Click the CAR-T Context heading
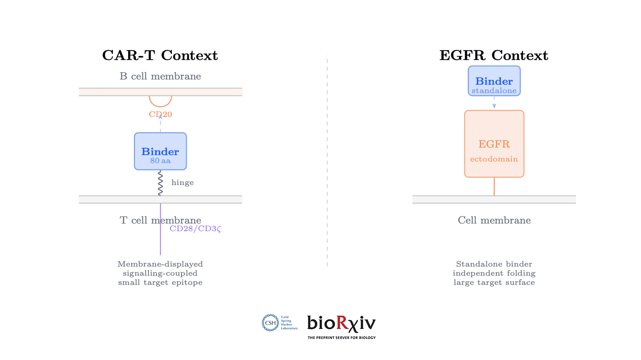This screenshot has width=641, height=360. [160, 55]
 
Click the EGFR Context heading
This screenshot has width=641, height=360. [493, 55]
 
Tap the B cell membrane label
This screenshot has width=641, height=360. [160, 76]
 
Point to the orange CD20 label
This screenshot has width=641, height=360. [160, 114]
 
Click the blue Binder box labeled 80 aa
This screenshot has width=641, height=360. [160, 151]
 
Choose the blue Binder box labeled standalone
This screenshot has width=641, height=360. [494, 81]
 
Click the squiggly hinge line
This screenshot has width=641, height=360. [160, 183]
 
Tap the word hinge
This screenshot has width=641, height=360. [183, 183]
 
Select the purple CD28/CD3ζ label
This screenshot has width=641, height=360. [195, 229]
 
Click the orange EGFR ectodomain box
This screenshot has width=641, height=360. [494, 144]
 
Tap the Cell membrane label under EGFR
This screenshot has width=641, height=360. [494, 220]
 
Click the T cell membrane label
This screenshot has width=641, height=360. [160, 220]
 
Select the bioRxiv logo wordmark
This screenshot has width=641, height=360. [341, 323]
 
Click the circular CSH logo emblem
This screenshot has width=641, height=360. [270, 323]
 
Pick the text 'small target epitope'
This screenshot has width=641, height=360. [160, 283]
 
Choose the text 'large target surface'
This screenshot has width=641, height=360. [494, 283]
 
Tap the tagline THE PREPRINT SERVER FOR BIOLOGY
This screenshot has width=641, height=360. [341, 338]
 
